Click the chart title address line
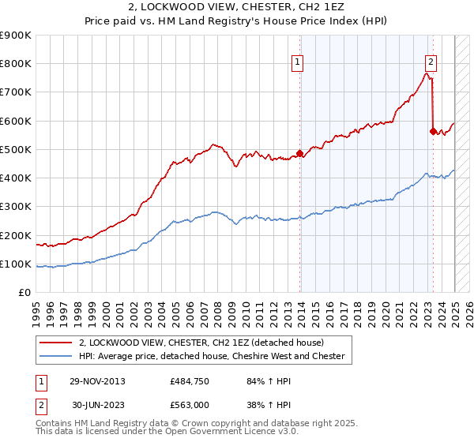click(237, 6)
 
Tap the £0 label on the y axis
click(25, 293)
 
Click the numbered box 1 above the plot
click(298, 63)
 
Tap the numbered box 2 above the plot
click(431, 63)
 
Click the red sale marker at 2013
click(299, 154)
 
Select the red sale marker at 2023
click(433, 132)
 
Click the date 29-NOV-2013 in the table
click(97, 381)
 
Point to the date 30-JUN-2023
click(97, 404)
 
